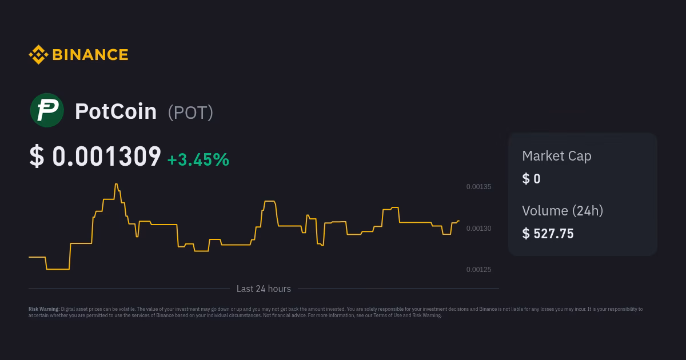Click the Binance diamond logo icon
pyautogui.click(x=38, y=55)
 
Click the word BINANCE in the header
pyautogui.click(x=90, y=55)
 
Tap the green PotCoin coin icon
pyautogui.click(x=47, y=110)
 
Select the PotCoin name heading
pyautogui.click(x=115, y=111)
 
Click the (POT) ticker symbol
pyautogui.click(x=190, y=113)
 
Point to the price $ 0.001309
pyautogui.click(x=95, y=157)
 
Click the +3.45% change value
pyautogui.click(x=198, y=159)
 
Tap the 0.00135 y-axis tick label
pyautogui.click(x=478, y=187)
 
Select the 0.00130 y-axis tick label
pyautogui.click(x=478, y=229)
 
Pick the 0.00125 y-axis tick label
pyautogui.click(x=478, y=270)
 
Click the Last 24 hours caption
pyautogui.click(x=264, y=289)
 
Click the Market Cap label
pyautogui.click(x=556, y=156)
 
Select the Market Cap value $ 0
pyautogui.click(x=531, y=179)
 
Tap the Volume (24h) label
pyautogui.click(x=562, y=211)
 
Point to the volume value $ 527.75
pyautogui.click(x=548, y=234)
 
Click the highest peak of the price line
pyautogui.click(x=117, y=184)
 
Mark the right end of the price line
pyautogui.click(x=458, y=221)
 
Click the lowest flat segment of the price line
pyautogui.click(x=58, y=269)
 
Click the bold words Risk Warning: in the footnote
pyautogui.click(x=44, y=309)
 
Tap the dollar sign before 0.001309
pyautogui.click(x=36, y=157)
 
